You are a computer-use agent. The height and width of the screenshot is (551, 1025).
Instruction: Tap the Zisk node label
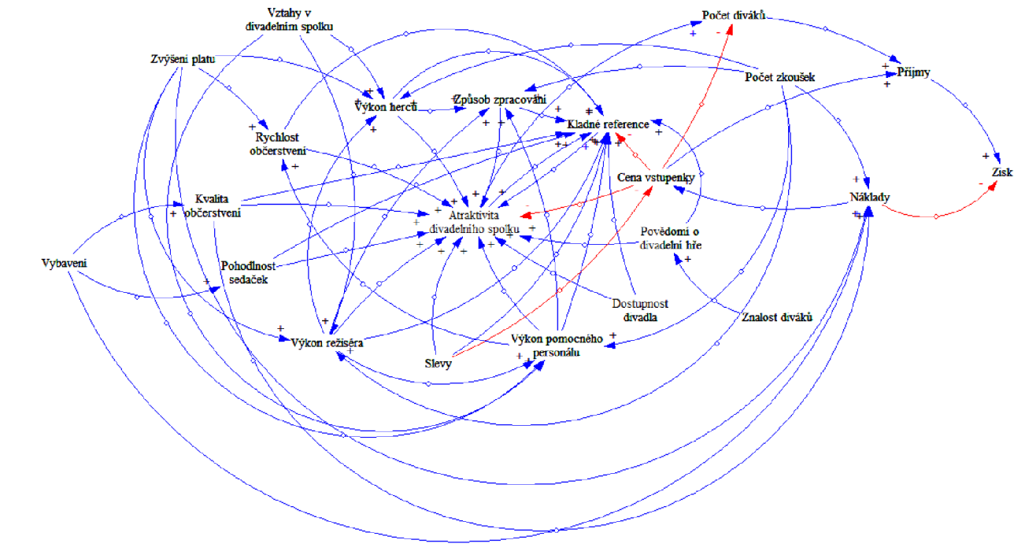coord(1001,172)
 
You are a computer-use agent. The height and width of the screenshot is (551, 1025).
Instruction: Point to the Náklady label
coord(869,197)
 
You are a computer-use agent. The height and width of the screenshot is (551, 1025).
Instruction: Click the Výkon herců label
coord(386,106)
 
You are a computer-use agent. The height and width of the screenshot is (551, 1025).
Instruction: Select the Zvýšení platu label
coord(183,59)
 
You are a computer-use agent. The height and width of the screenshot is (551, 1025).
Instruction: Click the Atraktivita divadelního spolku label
coord(473,221)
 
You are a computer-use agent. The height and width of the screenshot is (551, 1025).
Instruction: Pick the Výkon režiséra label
coord(327,342)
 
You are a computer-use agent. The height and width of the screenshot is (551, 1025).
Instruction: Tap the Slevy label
coord(438,363)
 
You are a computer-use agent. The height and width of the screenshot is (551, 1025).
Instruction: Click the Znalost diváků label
coord(776,317)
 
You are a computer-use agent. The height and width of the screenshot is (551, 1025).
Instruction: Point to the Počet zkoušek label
coord(779,76)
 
